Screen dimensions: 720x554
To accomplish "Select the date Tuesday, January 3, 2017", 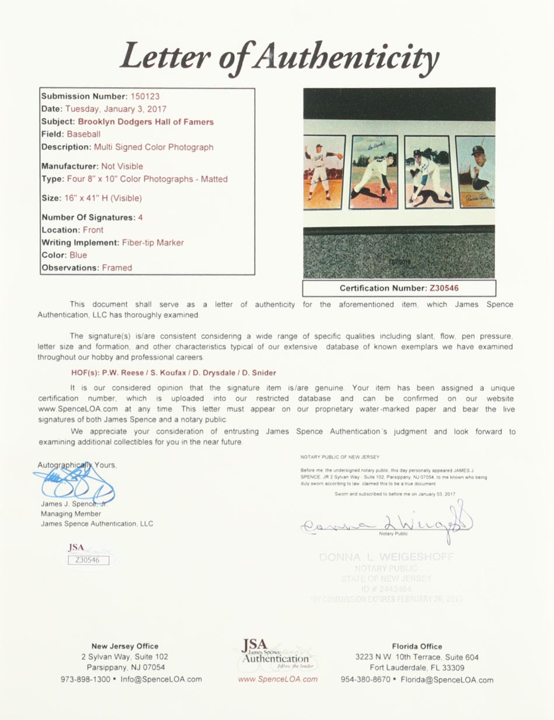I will (x=116, y=109).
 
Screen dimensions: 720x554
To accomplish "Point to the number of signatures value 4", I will (x=140, y=217).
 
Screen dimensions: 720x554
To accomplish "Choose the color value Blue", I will (x=78, y=255).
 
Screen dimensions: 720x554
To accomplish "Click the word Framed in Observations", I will (x=117, y=268).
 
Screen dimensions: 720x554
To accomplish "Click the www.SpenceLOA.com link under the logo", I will (x=278, y=679).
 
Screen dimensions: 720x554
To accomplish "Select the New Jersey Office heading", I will (x=125, y=646).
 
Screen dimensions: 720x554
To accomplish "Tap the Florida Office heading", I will (x=417, y=647).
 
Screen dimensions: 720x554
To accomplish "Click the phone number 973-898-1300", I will (x=85, y=679).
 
